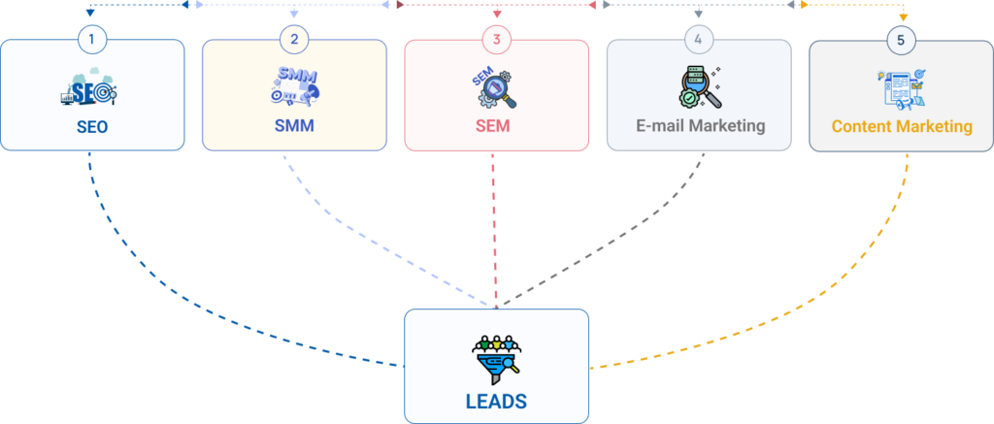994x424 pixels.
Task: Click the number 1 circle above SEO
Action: [91, 40]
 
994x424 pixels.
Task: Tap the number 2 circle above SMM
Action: [294, 40]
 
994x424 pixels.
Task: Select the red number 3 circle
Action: [496, 40]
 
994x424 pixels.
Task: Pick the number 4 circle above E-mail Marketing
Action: [699, 40]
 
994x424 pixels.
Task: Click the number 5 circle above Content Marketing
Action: [902, 40]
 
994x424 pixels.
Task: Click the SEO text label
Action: [91, 126]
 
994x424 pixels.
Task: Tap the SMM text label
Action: [294, 126]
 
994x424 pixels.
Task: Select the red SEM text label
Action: [496, 126]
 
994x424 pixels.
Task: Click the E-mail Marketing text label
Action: [699, 126]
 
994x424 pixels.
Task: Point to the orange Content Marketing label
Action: [902, 126]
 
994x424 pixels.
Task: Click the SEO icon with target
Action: [89, 90]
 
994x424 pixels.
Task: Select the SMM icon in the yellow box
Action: [294, 85]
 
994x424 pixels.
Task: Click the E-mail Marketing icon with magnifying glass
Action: [696, 86]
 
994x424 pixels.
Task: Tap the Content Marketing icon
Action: [902, 87]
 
